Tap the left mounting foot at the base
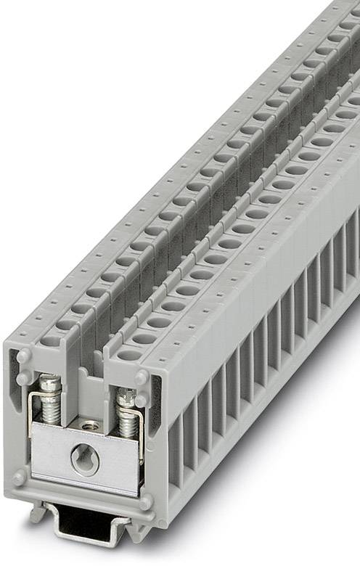pos(38,513)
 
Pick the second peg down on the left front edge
pos(24,378)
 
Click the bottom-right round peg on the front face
pos(146,501)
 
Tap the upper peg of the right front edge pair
pos(141,378)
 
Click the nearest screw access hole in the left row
pos(52,340)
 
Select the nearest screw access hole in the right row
pos(130,356)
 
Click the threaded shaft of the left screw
pos(52,411)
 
